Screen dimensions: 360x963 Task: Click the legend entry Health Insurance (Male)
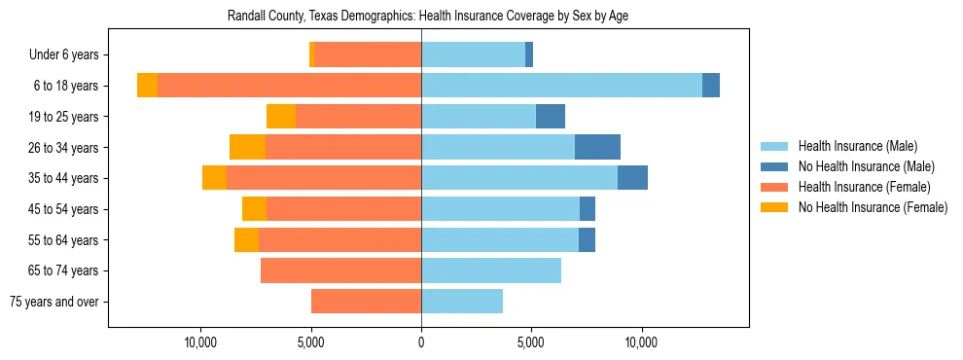click(x=856, y=146)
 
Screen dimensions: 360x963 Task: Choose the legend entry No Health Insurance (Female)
click(x=873, y=206)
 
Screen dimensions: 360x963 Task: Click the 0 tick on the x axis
click(x=421, y=343)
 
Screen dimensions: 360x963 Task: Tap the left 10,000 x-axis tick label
click(x=200, y=343)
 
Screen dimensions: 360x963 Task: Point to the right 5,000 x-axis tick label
click(x=531, y=343)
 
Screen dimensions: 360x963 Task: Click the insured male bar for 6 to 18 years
click(x=561, y=86)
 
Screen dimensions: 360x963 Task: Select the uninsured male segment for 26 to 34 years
click(x=597, y=147)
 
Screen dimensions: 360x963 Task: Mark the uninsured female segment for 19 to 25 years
click(x=281, y=117)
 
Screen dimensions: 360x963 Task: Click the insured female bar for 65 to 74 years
click(x=340, y=270)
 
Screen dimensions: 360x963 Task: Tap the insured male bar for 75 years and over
click(x=462, y=302)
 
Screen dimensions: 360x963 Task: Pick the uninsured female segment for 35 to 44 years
click(x=214, y=178)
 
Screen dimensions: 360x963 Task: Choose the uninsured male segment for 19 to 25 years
click(x=551, y=117)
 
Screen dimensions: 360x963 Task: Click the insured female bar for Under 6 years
click(x=368, y=54)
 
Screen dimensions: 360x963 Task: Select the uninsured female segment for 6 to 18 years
click(x=147, y=86)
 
